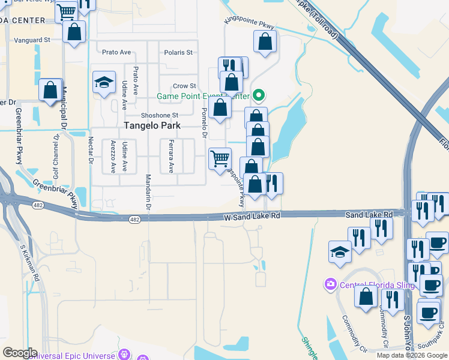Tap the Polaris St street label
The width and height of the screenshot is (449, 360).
point(178,52)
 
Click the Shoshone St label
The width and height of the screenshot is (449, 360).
point(159,115)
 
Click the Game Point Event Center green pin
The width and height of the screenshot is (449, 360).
point(259,95)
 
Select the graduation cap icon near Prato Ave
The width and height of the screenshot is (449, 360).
point(104,83)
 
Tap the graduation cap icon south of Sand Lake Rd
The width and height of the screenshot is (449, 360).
point(340,251)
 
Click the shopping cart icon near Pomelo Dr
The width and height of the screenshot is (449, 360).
point(220,159)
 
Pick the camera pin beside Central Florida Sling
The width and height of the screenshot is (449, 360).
point(330,284)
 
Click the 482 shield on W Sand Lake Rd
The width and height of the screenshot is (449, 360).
point(134,220)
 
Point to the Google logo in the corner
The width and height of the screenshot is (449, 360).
point(20,352)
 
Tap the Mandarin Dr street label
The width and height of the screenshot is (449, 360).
point(148,192)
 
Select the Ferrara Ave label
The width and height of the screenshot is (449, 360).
point(170,156)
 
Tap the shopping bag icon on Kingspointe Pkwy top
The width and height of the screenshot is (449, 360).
point(265,42)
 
